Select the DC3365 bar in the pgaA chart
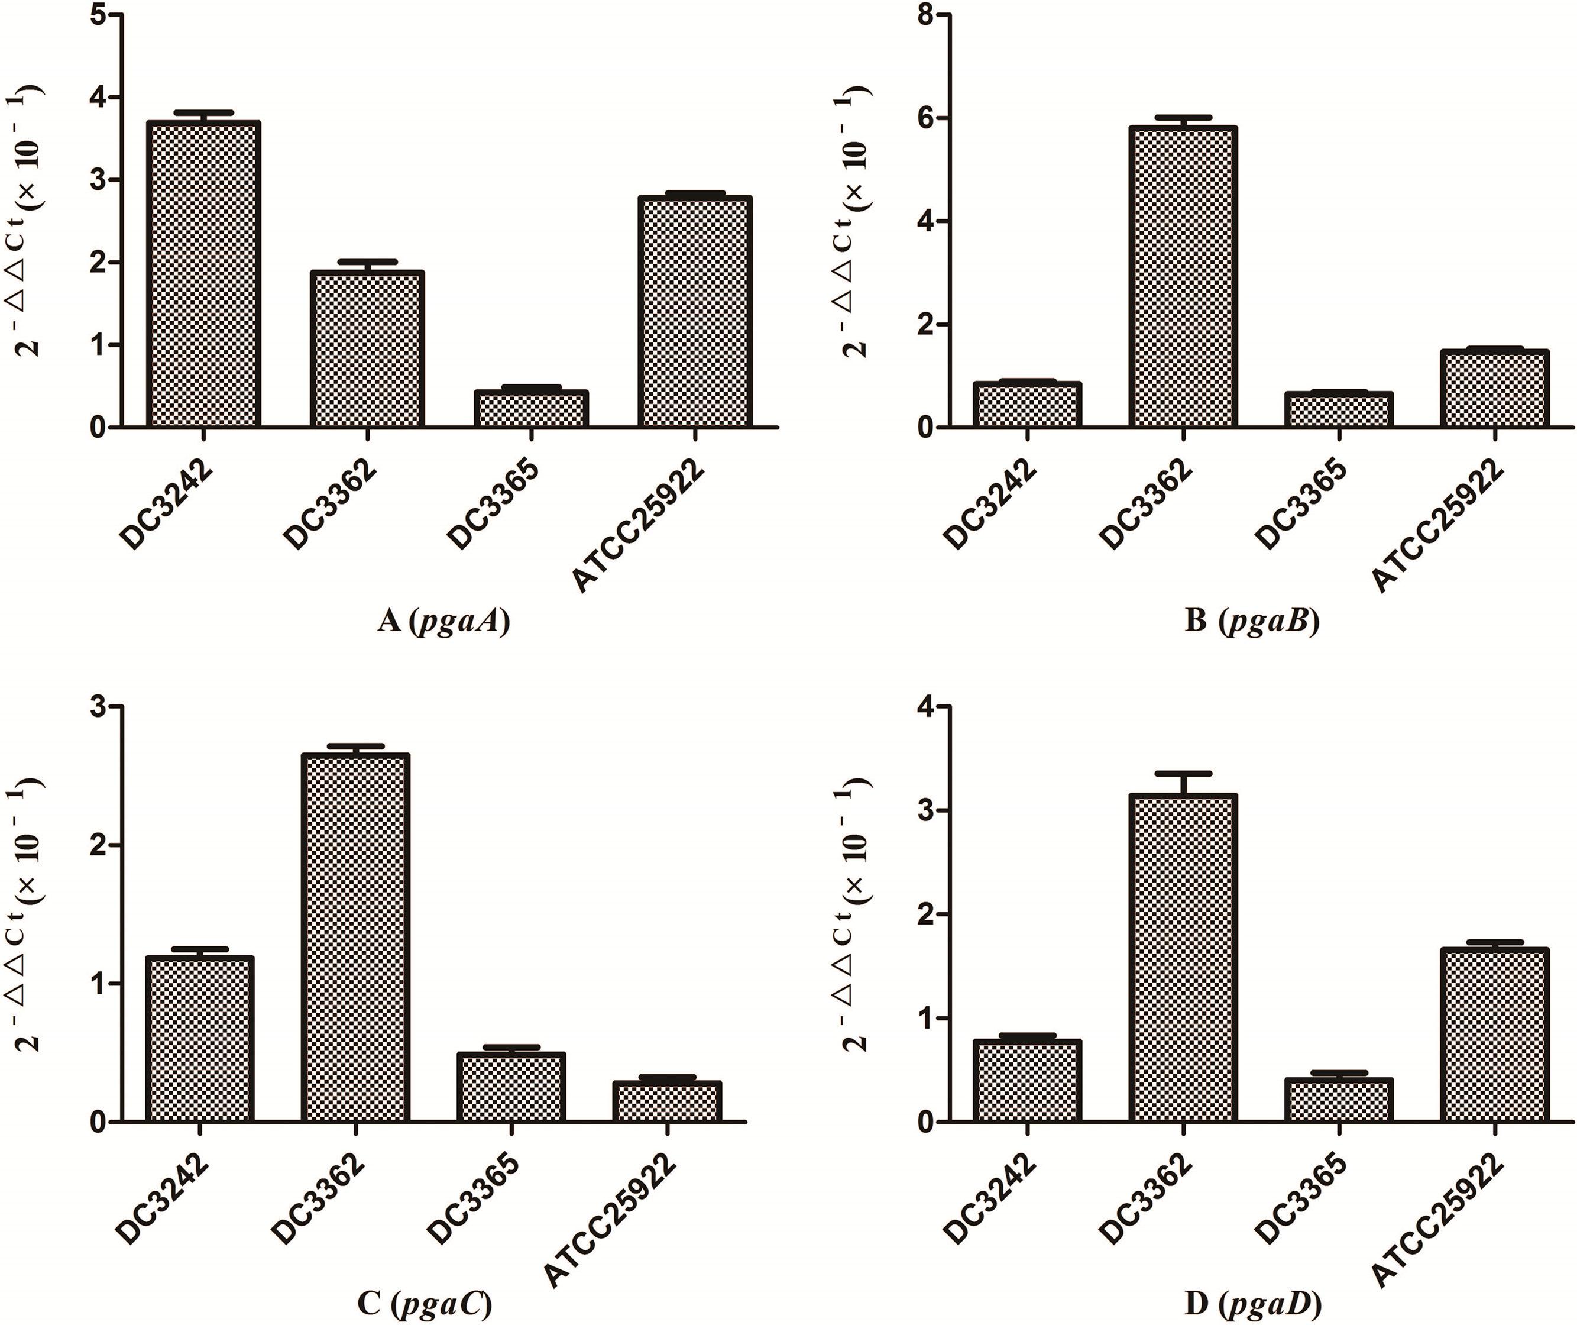click(x=532, y=409)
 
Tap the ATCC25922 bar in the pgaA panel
click(x=695, y=312)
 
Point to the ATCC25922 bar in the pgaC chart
click(x=667, y=1101)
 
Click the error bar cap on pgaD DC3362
click(x=1182, y=773)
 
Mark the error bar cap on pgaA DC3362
click(x=367, y=261)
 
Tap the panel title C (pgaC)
click(x=425, y=1305)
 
